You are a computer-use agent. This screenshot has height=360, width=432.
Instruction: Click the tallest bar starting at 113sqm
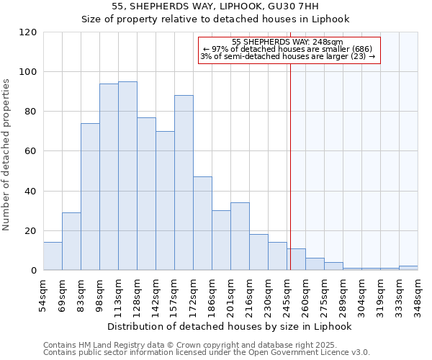pyautogui.click(x=127, y=176)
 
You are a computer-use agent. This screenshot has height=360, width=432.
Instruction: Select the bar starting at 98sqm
pyautogui.click(x=109, y=177)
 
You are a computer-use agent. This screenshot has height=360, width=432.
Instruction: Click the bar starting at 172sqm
pyautogui.click(x=202, y=223)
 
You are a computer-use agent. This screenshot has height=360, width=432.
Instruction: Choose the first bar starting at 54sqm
pyautogui.click(x=53, y=256)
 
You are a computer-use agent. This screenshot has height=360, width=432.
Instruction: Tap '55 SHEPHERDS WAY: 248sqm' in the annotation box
pyautogui.click(x=288, y=42)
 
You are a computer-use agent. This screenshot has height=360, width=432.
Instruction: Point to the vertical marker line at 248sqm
pyautogui.click(x=290, y=166)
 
